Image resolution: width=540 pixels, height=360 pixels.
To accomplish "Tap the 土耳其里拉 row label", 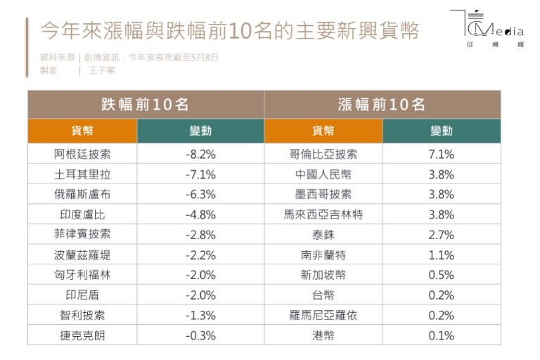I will click(82, 174).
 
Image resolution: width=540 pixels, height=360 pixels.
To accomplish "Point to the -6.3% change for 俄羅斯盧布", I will click(200, 195).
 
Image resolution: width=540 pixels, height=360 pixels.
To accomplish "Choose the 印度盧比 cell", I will click(82, 215).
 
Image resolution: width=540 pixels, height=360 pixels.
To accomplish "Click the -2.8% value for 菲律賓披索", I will click(200, 235).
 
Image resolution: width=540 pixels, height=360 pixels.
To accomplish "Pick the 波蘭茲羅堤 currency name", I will click(82, 255).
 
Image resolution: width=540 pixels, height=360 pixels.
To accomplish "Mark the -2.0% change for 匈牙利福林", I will click(200, 275).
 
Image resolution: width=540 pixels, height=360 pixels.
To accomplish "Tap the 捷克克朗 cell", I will click(82, 335).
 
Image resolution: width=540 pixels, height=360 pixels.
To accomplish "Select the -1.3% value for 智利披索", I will click(200, 316).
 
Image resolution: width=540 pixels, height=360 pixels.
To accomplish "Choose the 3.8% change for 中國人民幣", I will click(442, 174).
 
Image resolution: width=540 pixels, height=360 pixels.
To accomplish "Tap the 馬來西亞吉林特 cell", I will click(323, 215).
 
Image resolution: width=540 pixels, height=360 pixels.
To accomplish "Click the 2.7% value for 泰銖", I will click(442, 235).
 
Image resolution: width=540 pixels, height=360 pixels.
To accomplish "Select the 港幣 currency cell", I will click(323, 335).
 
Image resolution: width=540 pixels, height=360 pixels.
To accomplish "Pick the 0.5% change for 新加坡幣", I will click(442, 275).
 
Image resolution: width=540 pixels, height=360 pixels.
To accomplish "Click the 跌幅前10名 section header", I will click(146, 105).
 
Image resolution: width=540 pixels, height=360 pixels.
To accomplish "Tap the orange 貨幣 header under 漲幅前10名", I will click(323, 131).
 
